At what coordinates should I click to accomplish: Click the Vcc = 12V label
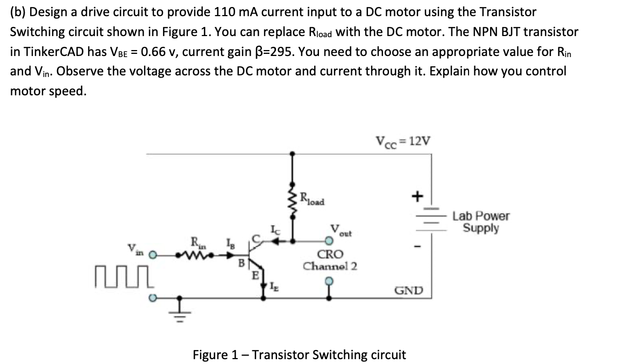tap(403, 142)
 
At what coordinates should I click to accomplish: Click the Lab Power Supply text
tap(481, 222)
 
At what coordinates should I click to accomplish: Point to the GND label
tap(409, 291)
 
